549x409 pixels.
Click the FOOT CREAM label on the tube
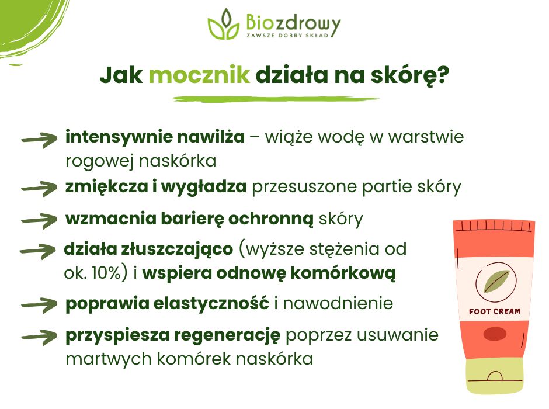[x=494, y=311]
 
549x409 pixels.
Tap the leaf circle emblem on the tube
[x=494, y=282]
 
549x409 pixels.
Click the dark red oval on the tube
[x=494, y=334]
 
